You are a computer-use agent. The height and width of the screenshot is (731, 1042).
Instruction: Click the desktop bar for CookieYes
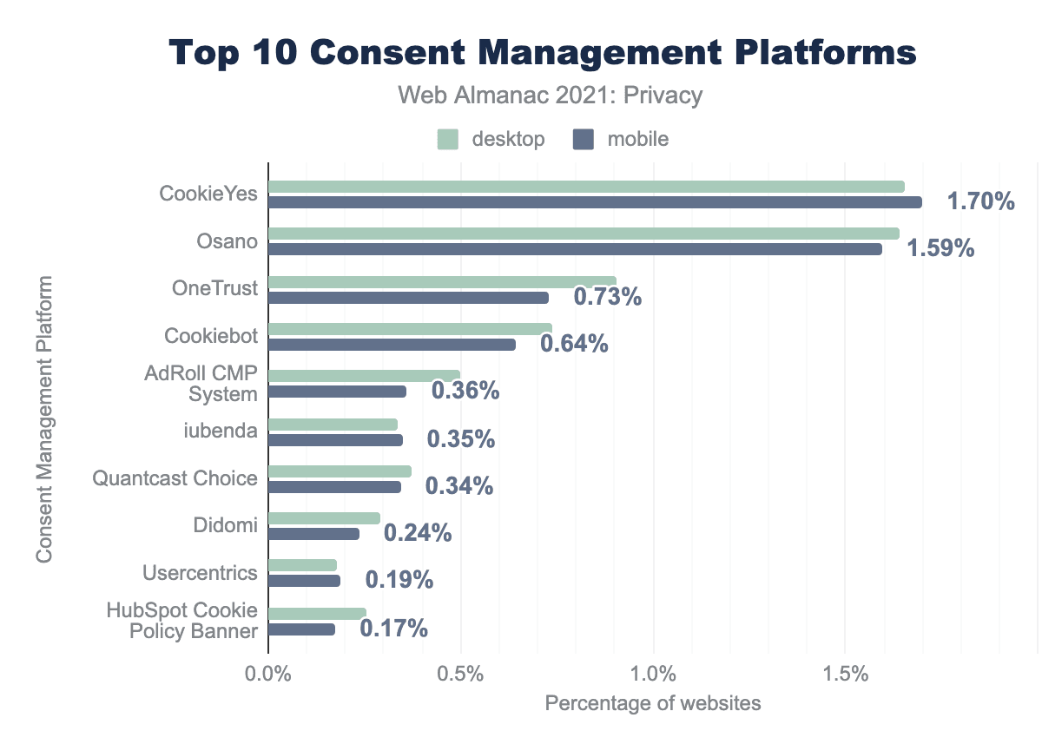click(586, 187)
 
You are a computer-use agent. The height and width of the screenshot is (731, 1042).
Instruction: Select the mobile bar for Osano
click(575, 249)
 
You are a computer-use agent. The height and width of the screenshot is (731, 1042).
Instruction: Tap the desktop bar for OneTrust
click(442, 281)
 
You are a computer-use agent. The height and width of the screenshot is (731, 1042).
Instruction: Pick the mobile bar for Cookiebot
click(392, 345)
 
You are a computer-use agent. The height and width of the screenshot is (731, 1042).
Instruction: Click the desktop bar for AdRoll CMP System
click(364, 376)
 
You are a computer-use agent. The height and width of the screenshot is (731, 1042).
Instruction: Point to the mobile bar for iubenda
click(335, 440)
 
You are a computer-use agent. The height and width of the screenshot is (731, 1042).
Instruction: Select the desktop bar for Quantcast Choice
click(340, 471)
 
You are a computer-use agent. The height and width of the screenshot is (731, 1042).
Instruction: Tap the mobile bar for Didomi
click(313, 534)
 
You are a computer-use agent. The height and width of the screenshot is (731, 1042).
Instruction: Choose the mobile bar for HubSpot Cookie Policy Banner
click(301, 629)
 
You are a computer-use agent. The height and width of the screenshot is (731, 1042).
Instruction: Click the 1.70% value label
click(980, 202)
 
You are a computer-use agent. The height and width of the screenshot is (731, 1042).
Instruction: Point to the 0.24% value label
click(418, 533)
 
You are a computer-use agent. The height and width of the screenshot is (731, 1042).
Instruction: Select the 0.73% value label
click(607, 297)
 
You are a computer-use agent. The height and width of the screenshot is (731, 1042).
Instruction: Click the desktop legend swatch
click(448, 139)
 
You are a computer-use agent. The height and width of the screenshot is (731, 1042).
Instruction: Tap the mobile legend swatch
click(584, 139)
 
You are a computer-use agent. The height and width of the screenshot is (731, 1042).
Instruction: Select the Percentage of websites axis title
click(653, 703)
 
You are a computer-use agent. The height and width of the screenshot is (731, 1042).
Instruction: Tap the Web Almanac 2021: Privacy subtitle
click(550, 95)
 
